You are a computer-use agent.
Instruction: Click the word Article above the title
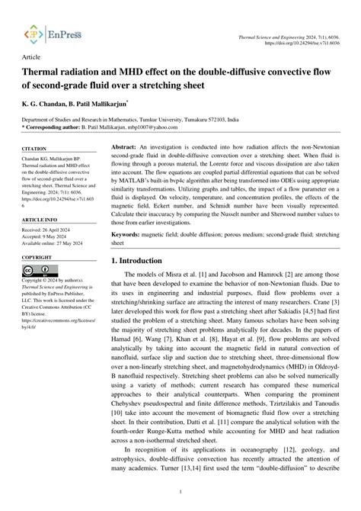(32, 57)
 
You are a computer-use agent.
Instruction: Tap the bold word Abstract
(123, 124)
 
